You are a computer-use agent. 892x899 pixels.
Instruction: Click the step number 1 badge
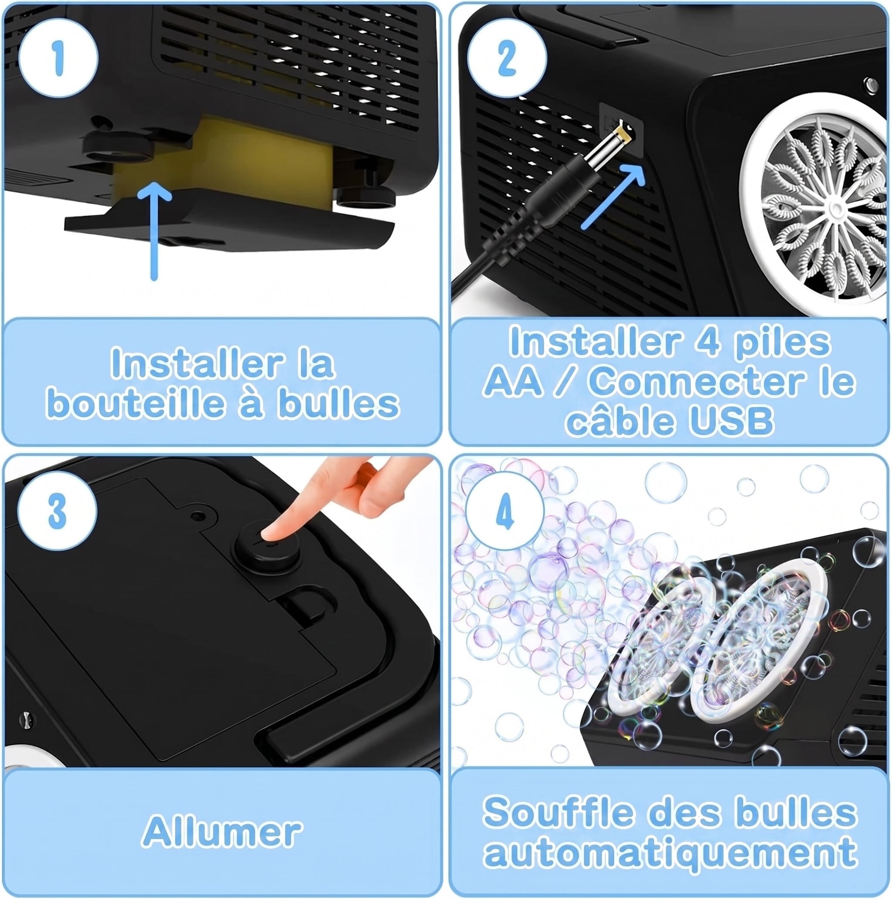[58, 58]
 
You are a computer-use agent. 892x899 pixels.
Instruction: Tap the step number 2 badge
[507, 58]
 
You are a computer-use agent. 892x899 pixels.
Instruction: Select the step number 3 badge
[57, 511]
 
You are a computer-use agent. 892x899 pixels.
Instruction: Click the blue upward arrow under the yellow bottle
[155, 231]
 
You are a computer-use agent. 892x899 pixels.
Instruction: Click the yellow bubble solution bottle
[223, 161]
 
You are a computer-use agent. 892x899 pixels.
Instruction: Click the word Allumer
[223, 831]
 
